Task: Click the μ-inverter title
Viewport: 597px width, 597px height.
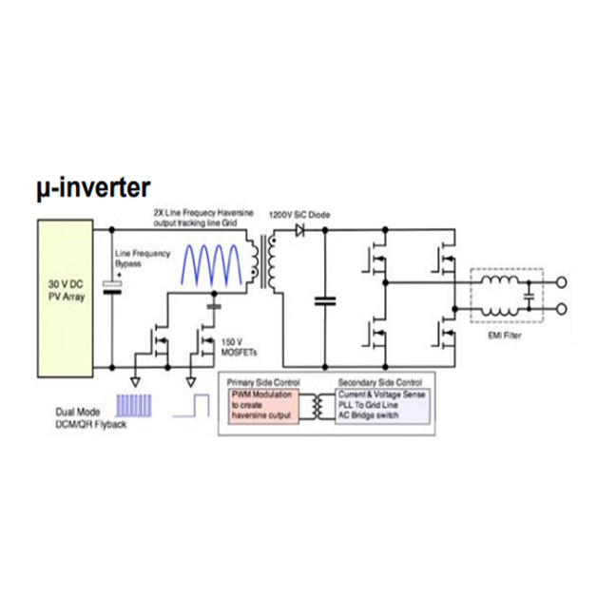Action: click(93, 190)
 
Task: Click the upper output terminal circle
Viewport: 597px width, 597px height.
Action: click(565, 282)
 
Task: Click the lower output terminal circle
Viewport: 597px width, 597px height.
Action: click(565, 307)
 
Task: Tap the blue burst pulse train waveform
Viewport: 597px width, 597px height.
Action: click(136, 408)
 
